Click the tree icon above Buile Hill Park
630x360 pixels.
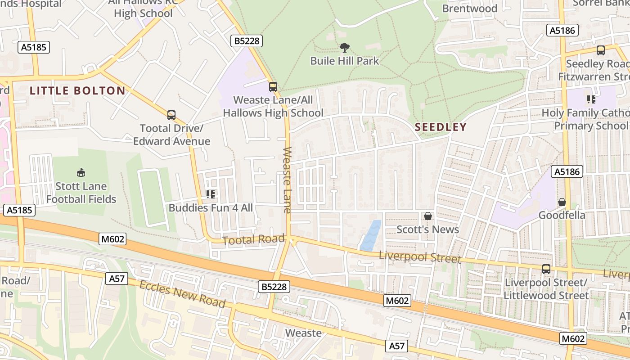345,47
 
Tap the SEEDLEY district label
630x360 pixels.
441,127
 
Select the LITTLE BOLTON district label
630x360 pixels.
77,90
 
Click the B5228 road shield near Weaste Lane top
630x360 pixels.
247,41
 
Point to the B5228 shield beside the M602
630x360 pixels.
274,286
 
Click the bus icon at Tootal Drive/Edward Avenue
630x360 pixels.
171,115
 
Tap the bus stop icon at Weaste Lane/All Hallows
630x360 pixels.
273,86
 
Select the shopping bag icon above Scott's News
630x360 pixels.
427,216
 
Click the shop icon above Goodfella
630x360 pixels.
562,202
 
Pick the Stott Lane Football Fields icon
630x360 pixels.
81,172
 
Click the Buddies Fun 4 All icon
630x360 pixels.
211,194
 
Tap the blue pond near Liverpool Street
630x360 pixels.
371,235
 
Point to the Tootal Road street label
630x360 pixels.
254,240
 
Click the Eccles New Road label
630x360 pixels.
182,294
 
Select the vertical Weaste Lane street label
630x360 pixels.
288,180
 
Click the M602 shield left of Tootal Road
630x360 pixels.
112,239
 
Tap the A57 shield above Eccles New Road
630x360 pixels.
117,279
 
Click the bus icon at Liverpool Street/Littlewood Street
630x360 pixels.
546,269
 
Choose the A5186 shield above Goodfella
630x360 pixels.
567,171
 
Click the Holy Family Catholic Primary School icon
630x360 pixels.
591,99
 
